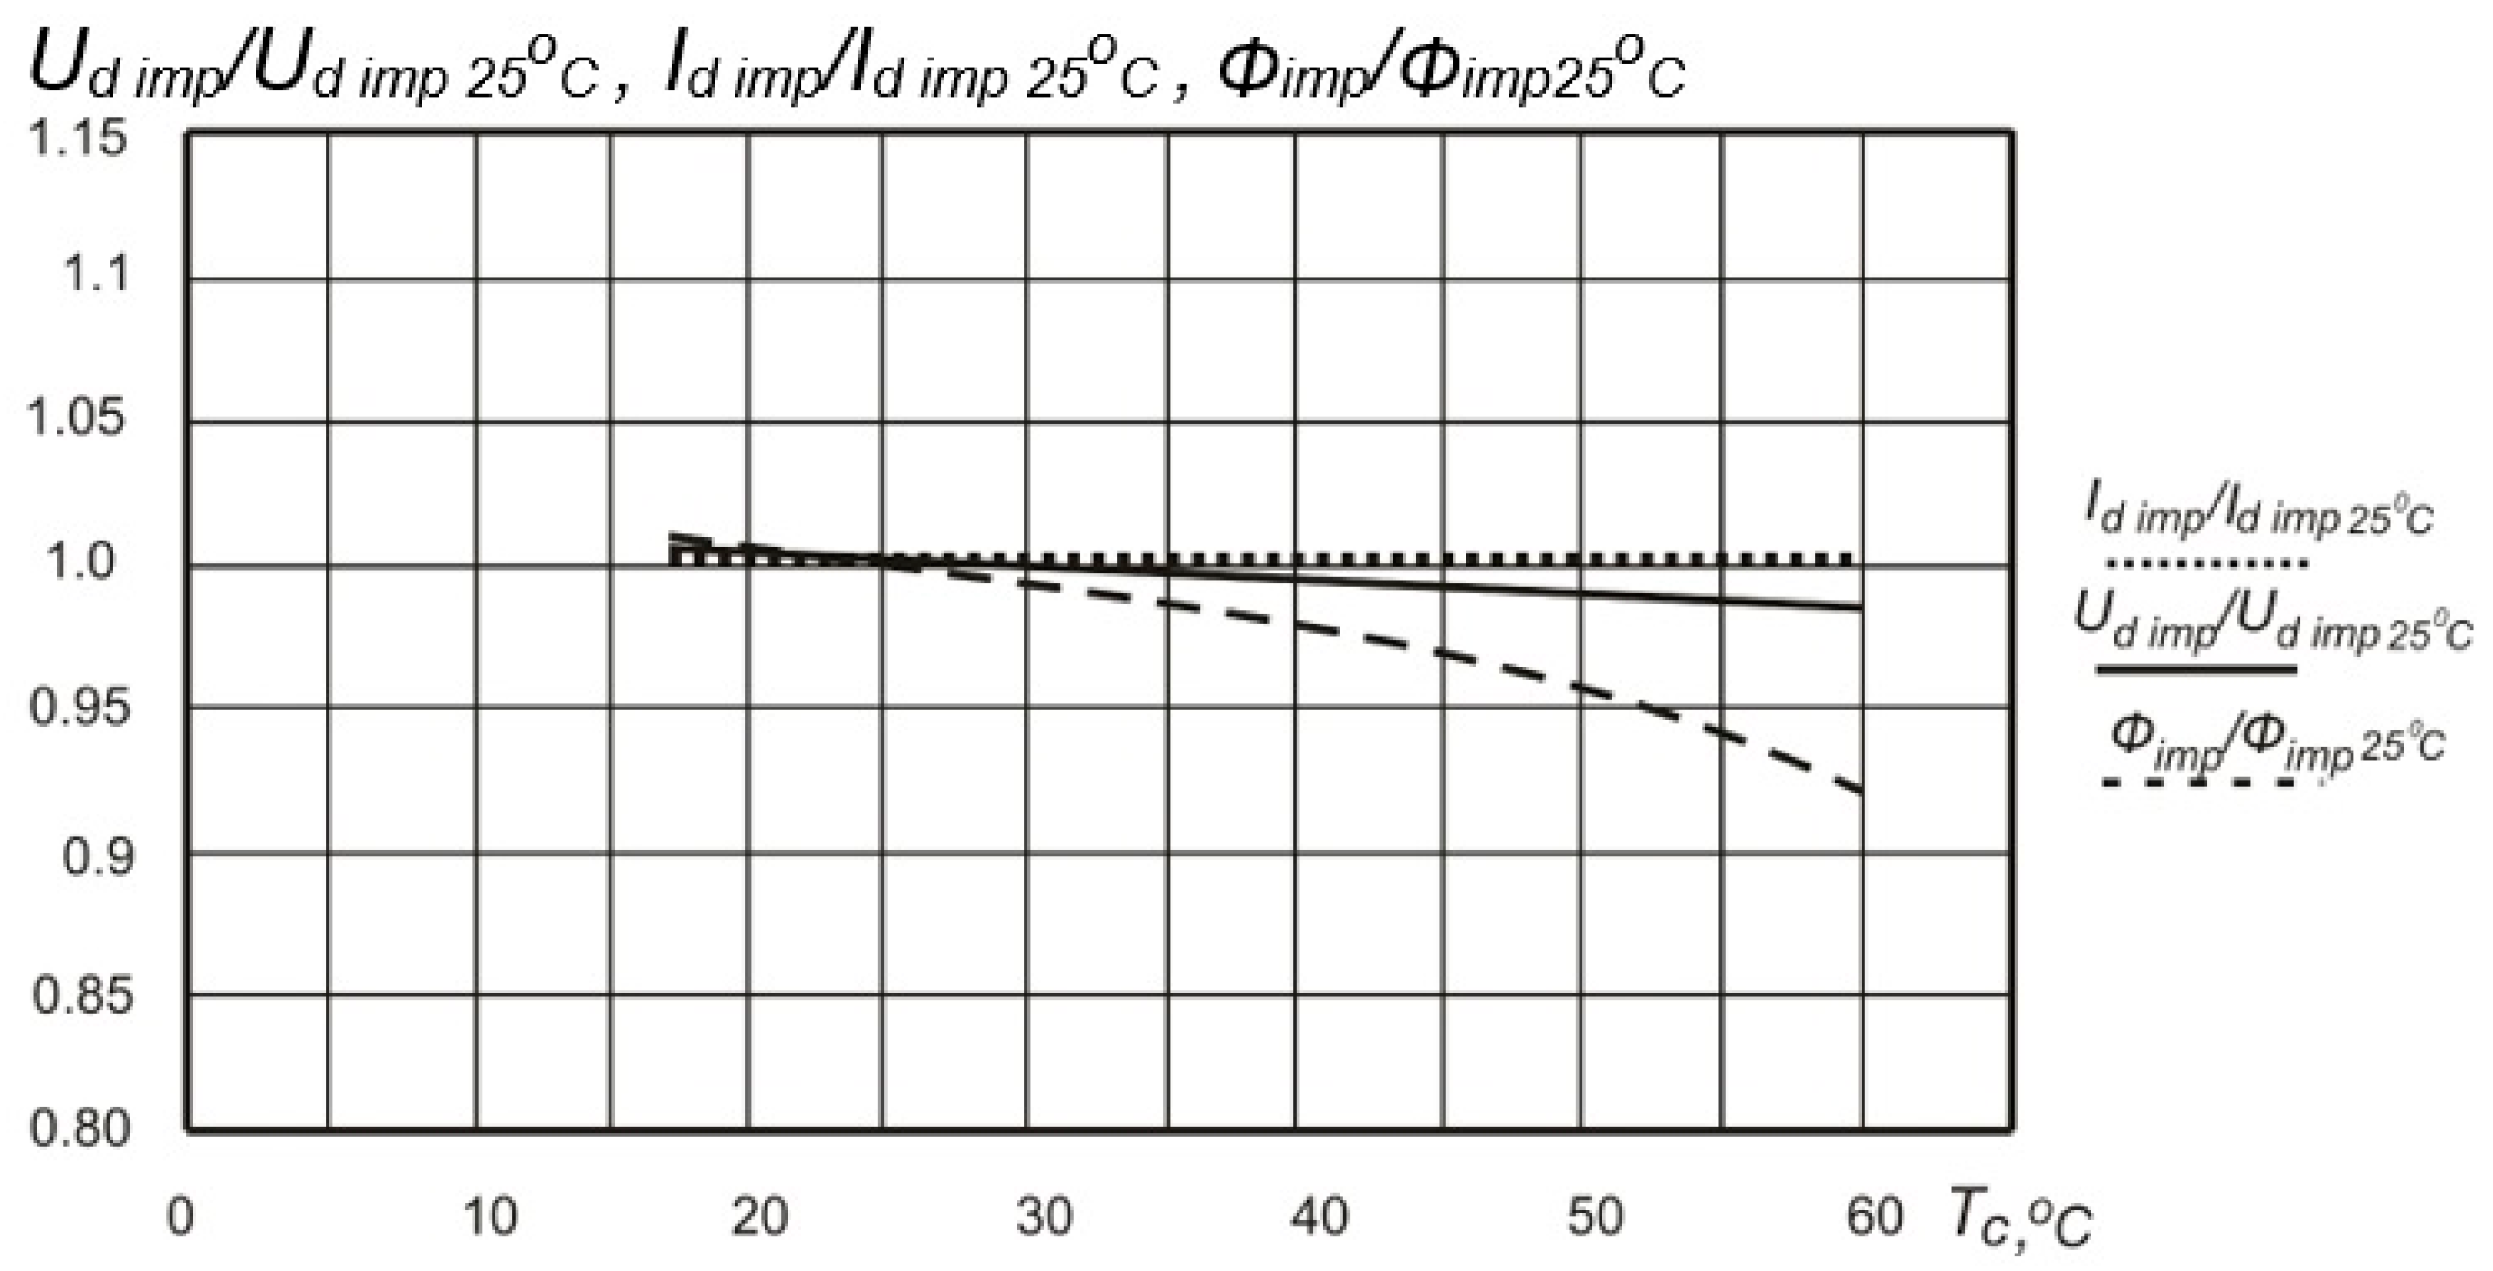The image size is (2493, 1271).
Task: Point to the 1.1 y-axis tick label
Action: (x=95, y=275)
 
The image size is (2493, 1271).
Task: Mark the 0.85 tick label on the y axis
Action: (x=81, y=995)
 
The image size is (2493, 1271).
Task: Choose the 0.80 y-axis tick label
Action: (x=79, y=1129)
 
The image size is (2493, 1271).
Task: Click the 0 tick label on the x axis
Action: (x=181, y=1217)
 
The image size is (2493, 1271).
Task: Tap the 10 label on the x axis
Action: (x=491, y=1217)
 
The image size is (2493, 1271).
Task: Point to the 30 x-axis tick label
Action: (x=1043, y=1217)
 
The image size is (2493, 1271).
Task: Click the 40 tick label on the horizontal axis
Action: (x=1320, y=1217)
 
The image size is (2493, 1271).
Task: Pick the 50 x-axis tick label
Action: (x=1595, y=1217)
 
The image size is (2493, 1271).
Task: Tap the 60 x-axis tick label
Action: (x=1874, y=1217)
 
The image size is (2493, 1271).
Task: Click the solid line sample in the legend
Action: (x=2196, y=669)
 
